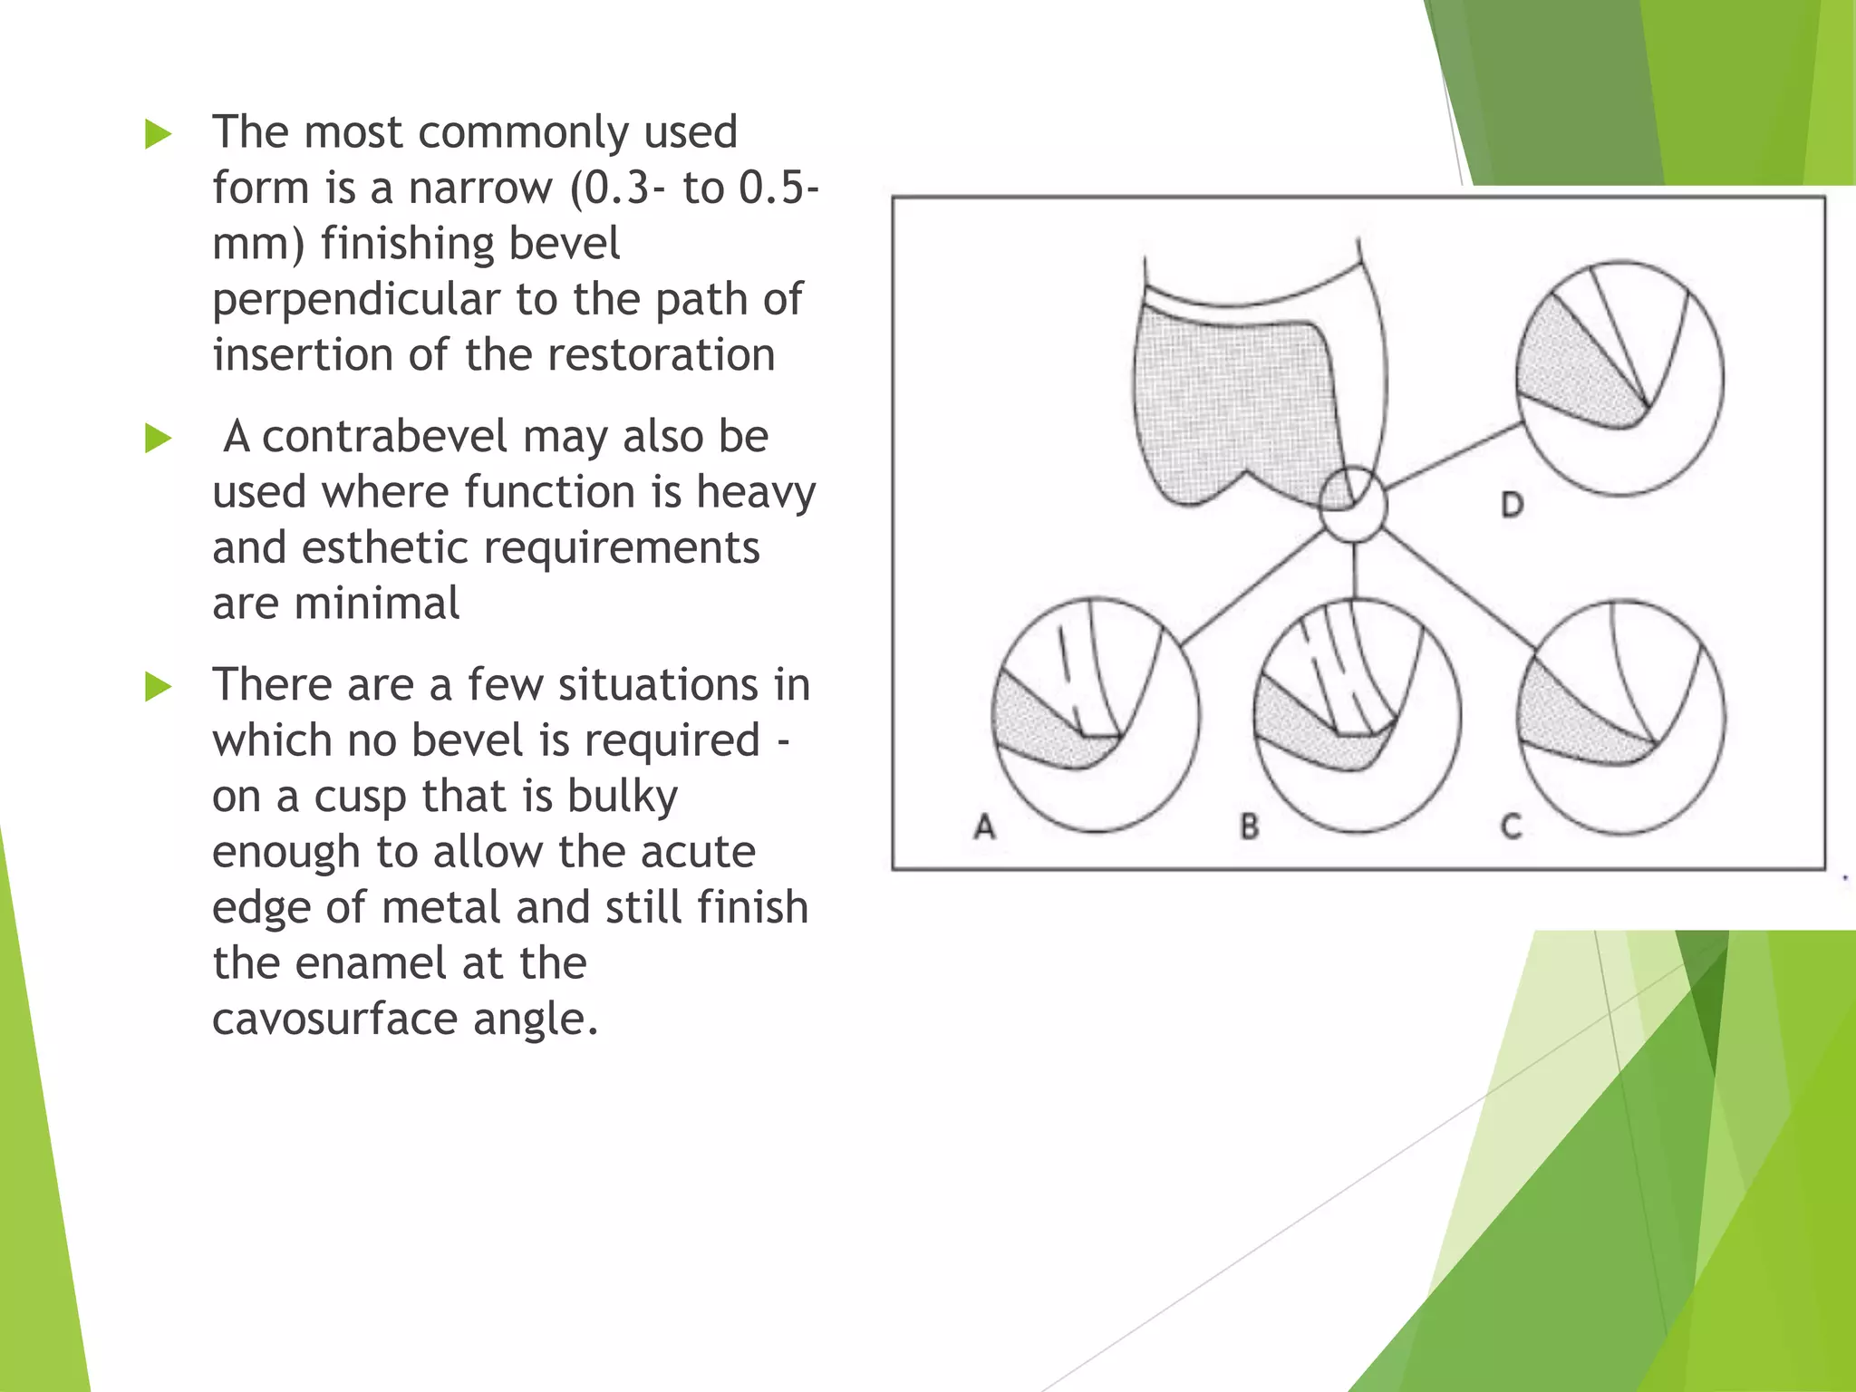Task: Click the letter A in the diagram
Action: point(985,826)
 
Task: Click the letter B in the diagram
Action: point(1250,826)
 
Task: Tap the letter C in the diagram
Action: point(1511,826)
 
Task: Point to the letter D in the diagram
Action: point(1512,505)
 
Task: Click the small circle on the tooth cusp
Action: point(1352,505)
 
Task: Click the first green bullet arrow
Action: point(158,135)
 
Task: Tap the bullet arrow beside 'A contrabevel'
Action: point(158,440)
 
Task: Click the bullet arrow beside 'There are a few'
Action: point(158,687)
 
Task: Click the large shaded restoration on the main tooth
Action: point(1232,399)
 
